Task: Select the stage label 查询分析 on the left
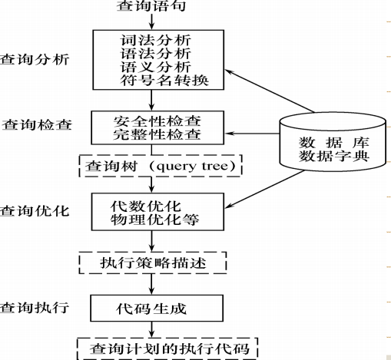tap(35, 59)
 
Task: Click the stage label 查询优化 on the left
tap(35, 210)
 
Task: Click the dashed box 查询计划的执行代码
tap(167, 348)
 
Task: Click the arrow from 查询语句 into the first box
tap(152, 22)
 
